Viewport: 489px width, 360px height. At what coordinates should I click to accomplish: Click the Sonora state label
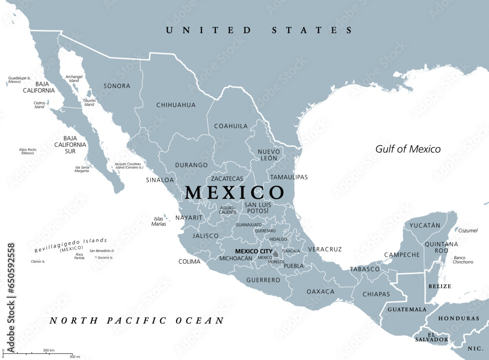click(x=117, y=86)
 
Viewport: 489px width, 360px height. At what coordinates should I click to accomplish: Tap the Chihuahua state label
click(x=176, y=105)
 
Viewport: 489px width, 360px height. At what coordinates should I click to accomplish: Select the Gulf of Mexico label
click(x=408, y=149)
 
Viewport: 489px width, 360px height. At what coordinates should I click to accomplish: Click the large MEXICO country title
click(x=234, y=192)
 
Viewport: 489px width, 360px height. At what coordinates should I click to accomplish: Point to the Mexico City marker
click(x=276, y=254)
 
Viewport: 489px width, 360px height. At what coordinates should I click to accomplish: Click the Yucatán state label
click(x=425, y=225)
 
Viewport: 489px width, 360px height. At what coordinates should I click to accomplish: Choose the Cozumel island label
click(x=468, y=230)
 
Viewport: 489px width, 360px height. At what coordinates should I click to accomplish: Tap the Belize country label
click(x=439, y=286)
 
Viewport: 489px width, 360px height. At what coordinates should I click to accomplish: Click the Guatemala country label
click(x=407, y=309)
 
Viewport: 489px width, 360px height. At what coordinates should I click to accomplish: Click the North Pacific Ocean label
click(x=137, y=321)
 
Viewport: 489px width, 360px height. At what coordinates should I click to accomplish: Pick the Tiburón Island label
click(x=89, y=102)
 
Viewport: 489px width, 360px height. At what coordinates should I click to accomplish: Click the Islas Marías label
click(x=159, y=221)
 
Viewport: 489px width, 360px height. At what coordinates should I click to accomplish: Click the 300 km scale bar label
click(x=48, y=350)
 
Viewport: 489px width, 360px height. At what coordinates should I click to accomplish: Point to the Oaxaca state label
click(x=320, y=292)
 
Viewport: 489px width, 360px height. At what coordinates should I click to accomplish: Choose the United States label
click(x=259, y=30)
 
